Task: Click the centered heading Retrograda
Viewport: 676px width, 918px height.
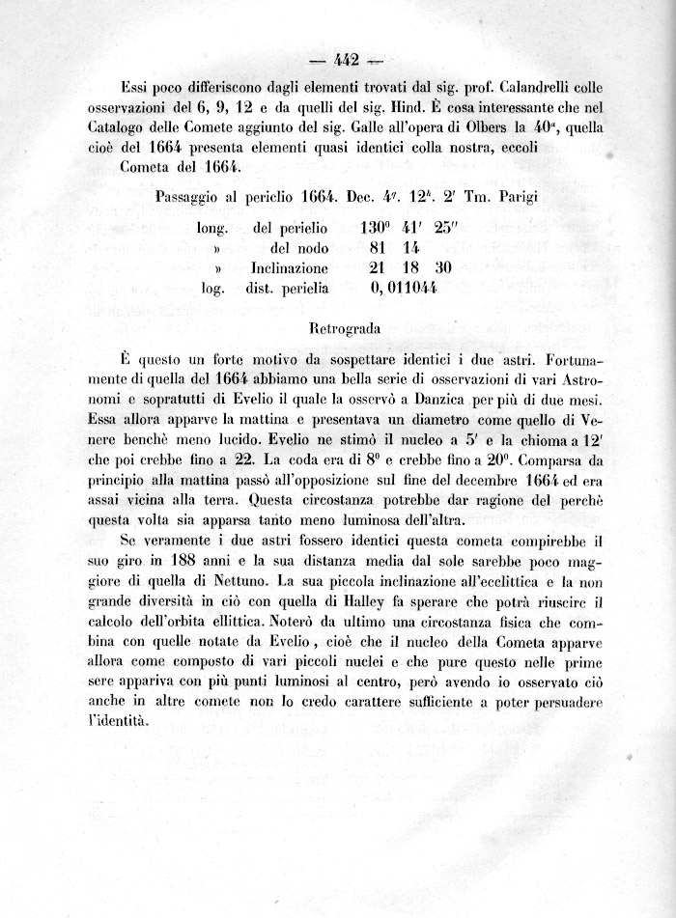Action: tap(345, 328)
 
